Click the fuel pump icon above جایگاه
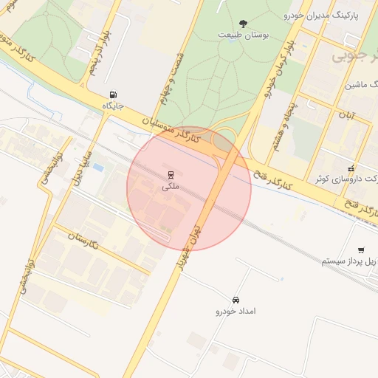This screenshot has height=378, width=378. coord(112,94)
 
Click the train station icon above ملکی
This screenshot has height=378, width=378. coord(171,175)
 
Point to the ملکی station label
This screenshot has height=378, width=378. coord(171,188)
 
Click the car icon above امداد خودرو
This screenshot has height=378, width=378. coord(236,300)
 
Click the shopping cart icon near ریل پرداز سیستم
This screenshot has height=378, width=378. coord(361,250)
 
